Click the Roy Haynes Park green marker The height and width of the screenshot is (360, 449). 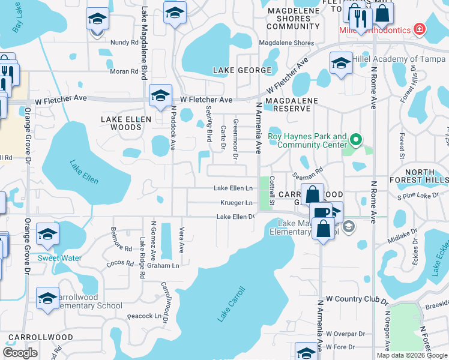tap(356, 142)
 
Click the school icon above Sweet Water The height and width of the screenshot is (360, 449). tap(47, 235)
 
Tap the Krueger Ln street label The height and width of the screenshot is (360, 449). tap(236, 203)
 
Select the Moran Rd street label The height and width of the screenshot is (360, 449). tap(124, 71)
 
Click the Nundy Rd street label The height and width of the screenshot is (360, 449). tap(124, 43)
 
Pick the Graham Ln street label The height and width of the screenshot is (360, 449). tap(163, 265)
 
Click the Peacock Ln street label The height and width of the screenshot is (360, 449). tap(145, 316)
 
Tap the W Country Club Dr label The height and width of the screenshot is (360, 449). tap(357, 298)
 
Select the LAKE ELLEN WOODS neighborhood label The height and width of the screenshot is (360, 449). tap(126, 123)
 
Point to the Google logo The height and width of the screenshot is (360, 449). tap(20, 353)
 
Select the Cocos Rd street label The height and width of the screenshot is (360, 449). tap(121, 263)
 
